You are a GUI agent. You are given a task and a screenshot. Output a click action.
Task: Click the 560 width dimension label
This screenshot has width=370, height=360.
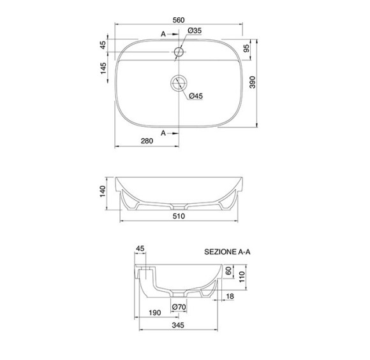(179, 20)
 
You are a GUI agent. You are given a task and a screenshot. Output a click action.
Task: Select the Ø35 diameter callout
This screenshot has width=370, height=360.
(195, 31)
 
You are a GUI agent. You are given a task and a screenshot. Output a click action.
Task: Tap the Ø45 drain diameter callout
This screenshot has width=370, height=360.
(196, 96)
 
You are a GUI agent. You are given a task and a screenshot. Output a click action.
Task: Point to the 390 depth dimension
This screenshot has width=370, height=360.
(253, 82)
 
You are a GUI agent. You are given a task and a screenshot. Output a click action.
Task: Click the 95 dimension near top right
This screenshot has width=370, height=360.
(246, 48)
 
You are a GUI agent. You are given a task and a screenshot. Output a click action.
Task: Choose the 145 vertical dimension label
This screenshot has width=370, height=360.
(103, 68)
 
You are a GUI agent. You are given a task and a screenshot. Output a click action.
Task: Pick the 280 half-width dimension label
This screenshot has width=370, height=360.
(147, 141)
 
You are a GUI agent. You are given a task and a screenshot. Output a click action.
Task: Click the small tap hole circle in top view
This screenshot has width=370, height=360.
(179, 52)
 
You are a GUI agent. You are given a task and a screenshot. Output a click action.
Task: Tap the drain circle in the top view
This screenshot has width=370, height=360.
(179, 83)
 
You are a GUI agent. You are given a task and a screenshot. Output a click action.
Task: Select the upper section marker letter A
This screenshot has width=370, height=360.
(163, 34)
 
